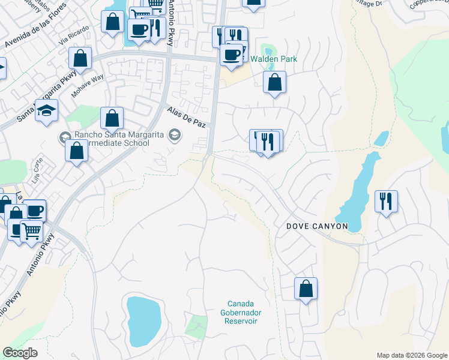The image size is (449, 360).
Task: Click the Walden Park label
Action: coord(274,59)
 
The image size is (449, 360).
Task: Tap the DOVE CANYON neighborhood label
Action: coord(316,226)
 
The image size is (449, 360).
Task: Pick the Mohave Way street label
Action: coord(88,86)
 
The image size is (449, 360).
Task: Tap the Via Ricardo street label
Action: coord(73,37)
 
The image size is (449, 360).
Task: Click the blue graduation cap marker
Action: coord(46,110)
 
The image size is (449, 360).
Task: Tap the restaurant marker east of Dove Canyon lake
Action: coord(386,201)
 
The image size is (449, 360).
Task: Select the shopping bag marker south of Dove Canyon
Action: coord(306,288)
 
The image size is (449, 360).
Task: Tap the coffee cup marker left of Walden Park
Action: coord(231,55)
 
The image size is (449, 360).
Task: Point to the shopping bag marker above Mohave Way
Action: coord(80,59)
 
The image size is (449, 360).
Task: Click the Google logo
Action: coord(20,353)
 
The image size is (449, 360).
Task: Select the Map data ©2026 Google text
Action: coord(411,355)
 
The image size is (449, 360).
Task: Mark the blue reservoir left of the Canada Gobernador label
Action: coord(143,321)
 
